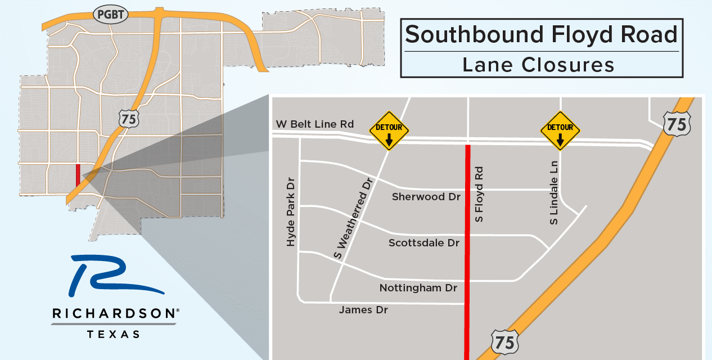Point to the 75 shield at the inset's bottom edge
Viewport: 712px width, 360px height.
point(505,341)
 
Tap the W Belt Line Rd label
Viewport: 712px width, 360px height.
point(315,124)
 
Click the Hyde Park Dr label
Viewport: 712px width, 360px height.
point(291,214)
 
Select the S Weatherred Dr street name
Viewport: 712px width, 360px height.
point(353,218)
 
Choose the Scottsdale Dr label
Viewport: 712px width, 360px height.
point(425,243)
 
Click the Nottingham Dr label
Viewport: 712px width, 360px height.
point(418,288)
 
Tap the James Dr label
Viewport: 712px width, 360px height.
point(363,309)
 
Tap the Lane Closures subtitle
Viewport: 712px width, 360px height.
point(538,65)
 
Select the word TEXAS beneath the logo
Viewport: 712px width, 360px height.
point(114,334)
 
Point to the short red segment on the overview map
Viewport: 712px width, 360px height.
point(78,175)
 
